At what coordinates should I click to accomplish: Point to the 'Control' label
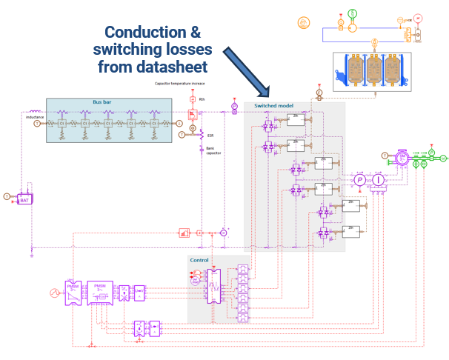coord(200,260)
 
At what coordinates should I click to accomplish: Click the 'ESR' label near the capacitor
coord(210,136)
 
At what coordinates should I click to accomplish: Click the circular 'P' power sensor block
coord(359,180)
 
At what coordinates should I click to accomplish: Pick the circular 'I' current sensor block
coord(377,180)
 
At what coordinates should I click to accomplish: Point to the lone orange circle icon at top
coord(303,22)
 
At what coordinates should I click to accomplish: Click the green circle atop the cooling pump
coord(353,13)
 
